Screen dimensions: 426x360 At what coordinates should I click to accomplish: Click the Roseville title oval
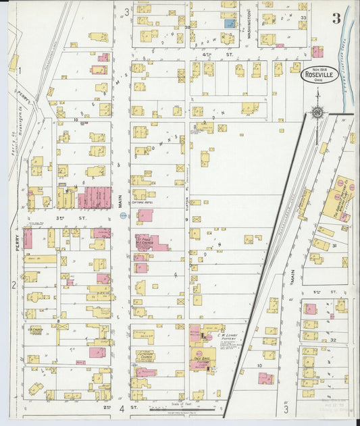(x=320, y=74)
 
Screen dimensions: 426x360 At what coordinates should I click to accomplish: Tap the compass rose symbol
(x=316, y=112)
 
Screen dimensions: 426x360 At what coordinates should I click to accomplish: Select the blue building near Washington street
(x=230, y=23)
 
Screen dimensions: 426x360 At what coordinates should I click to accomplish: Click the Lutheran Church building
(x=145, y=356)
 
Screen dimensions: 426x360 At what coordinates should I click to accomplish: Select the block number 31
(x=333, y=247)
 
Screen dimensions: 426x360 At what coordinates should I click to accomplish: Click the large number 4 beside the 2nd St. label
(x=122, y=409)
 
